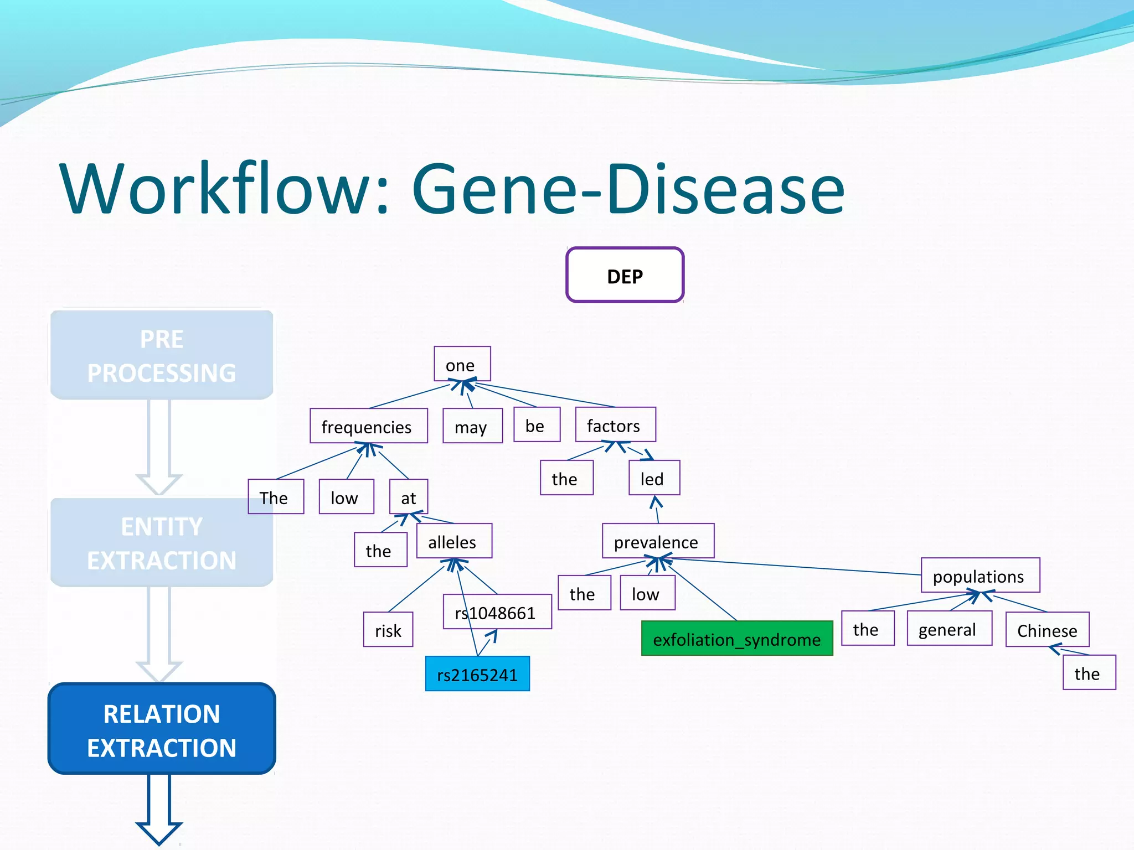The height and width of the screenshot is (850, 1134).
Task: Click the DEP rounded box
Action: pos(625,275)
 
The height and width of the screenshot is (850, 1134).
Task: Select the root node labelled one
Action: pos(462,364)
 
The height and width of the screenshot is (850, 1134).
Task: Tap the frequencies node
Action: pos(368,426)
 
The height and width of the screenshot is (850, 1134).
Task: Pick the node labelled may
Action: pos(472,426)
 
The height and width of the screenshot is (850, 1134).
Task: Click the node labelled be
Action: pos(537,424)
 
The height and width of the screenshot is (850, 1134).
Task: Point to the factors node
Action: pos(615,424)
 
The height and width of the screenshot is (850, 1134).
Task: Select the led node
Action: pos(654,478)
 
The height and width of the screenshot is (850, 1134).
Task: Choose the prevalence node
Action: pos(658,541)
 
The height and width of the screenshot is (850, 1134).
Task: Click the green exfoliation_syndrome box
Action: pos(736,638)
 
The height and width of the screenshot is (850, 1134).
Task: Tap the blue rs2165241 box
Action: pos(477,673)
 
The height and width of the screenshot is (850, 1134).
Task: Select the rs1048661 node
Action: pos(497,611)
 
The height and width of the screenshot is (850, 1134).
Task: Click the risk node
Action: pos(388,629)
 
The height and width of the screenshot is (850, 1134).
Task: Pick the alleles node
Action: pos(453,541)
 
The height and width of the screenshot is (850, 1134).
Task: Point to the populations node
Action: pos(980,575)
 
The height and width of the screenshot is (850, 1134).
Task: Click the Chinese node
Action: pos(1047,629)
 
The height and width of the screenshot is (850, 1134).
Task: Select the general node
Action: pos(949,628)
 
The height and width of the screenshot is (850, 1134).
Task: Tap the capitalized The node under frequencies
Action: pos(275,496)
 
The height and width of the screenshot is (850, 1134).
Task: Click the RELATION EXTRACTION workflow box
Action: pos(162,729)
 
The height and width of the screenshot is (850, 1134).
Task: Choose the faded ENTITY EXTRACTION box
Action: pos(162,542)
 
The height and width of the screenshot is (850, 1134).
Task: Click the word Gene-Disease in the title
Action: pos(628,189)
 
